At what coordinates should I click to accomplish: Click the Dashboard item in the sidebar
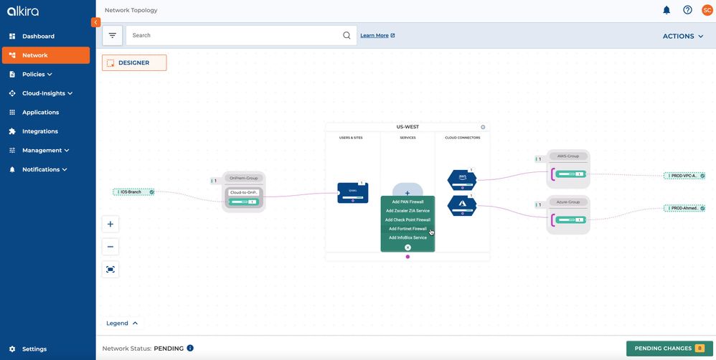(37, 36)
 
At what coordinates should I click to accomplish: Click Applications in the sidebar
(40, 113)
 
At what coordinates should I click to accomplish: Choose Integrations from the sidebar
(39, 131)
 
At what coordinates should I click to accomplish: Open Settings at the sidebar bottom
(34, 349)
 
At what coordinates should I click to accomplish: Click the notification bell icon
(666, 10)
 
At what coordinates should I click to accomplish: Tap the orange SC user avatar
(707, 10)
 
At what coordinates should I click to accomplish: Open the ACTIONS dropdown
(682, 36)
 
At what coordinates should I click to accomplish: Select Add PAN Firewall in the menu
(408, 202)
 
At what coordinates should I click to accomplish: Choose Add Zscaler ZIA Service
(408, 211)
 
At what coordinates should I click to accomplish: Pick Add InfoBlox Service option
(408, 237)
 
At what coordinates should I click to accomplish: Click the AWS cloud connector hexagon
(462, 179)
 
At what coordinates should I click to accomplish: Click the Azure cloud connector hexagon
(462, 205)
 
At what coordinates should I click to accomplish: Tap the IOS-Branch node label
(131, 192)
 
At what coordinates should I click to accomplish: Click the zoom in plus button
(110, 224)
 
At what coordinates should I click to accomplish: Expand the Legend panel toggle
(123, 323)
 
